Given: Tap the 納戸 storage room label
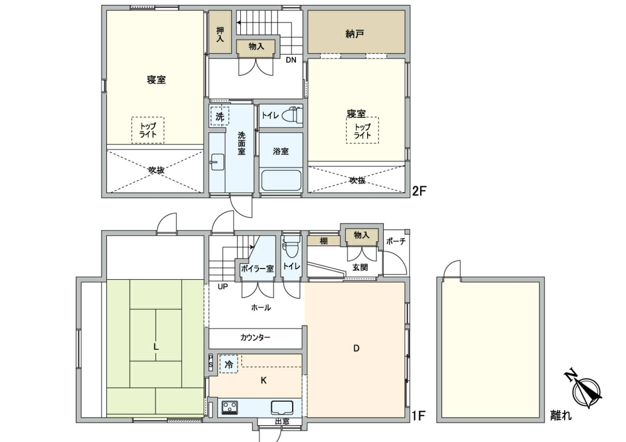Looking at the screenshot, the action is pos(355,34).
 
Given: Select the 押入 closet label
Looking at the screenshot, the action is pos(220,35).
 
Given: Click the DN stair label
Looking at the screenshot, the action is pos(291,60).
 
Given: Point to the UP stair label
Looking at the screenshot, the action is pos(223,287).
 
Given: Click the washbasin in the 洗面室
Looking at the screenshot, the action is pos(217,162).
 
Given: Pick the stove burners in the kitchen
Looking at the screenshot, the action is pos(230,407).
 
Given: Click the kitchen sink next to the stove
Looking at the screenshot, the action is pos(282,407).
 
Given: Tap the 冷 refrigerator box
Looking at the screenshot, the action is pos(229,364).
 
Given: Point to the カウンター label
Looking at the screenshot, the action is pos(255,337).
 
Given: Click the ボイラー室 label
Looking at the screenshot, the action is pos(257,269).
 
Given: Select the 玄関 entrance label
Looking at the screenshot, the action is pos(360,267).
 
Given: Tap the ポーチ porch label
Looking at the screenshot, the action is pos(396,241).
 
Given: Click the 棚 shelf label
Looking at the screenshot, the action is pos(323,241).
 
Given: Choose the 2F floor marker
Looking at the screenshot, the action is pos(419,191).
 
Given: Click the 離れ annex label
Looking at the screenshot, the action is pos(561,416).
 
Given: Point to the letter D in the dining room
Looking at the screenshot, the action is pos(356,349).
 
